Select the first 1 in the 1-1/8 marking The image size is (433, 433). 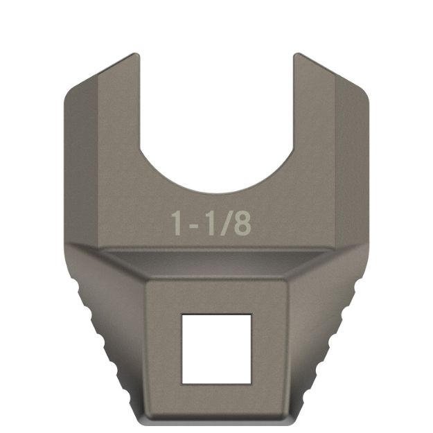[178, 223]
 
